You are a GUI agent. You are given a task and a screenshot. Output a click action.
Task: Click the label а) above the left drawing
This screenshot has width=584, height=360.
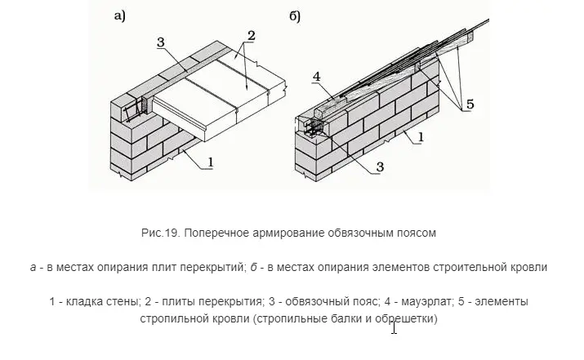pos(120,16)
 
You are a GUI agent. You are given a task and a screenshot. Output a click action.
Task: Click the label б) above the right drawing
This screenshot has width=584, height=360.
pos(295,17)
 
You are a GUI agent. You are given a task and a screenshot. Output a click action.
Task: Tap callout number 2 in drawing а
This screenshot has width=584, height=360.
pos(252,36)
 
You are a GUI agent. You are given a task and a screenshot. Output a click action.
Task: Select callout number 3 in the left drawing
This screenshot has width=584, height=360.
pos(161,42)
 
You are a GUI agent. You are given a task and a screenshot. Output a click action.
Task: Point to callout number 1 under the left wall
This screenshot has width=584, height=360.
pos(211,162)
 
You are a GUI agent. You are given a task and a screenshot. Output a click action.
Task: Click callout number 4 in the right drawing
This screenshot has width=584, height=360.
pos(317,77)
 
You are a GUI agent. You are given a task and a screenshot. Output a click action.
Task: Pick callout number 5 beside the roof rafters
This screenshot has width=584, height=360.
pos(470,104)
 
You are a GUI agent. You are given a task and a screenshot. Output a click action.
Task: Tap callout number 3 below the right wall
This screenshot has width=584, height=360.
pos(380,167)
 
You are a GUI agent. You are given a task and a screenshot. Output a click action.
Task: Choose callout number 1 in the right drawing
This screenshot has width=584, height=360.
pos(421,137)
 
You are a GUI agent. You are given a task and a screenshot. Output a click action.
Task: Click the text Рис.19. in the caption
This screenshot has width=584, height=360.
pos(161,233)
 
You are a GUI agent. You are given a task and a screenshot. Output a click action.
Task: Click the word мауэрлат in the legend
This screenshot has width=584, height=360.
pos(423,301)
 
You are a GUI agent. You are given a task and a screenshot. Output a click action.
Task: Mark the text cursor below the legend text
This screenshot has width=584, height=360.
pos(394,328)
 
